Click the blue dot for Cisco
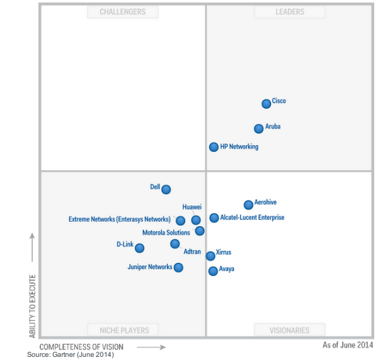click(x=266, y=104)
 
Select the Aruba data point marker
click(x=258, y=129)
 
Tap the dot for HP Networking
click(x=214, y=147)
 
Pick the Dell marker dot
click(x=166, y=189)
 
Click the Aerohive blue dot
click(x=248, y=205)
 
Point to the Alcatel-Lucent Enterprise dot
click(x=214, y=218)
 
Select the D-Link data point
click(x=139, y=248)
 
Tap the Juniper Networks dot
click(x=178, y=267)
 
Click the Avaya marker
click(x=213, y=271)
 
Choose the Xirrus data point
click(x=210, y=256)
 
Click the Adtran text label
click(x=192, y=252)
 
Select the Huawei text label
click(x=192, y=207)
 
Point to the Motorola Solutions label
click(x=166, y=233)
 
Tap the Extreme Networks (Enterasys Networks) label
click(x=119, y=219)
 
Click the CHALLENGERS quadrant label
click(x=122, y=12)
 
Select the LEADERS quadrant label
click(x=290, y=12)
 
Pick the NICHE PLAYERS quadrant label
click(x=124, y=330)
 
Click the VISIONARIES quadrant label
click(x=290, y=330)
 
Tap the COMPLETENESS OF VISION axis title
click(x=81, y=347)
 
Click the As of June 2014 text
click(x=348, y=345)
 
